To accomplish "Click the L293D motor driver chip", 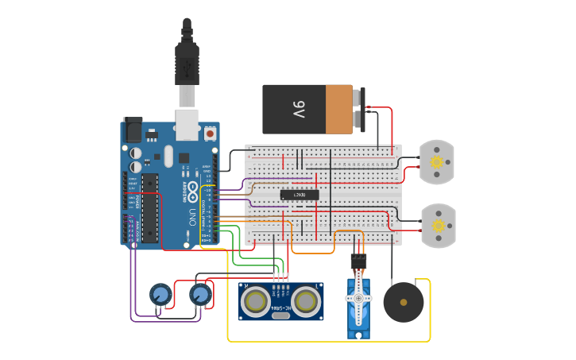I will click(300, 195).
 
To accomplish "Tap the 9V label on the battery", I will click(298, 110).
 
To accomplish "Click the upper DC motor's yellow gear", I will click(436, 162).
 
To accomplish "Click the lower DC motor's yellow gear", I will click(438, 226).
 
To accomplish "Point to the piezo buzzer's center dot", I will click(404, 302).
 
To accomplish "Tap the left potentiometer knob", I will click(160, 296).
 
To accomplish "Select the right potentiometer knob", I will click(200, 296).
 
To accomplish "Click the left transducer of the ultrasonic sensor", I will click(255, 301).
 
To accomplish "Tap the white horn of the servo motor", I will click(358, 299).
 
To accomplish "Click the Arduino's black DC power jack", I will click(131, 130).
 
